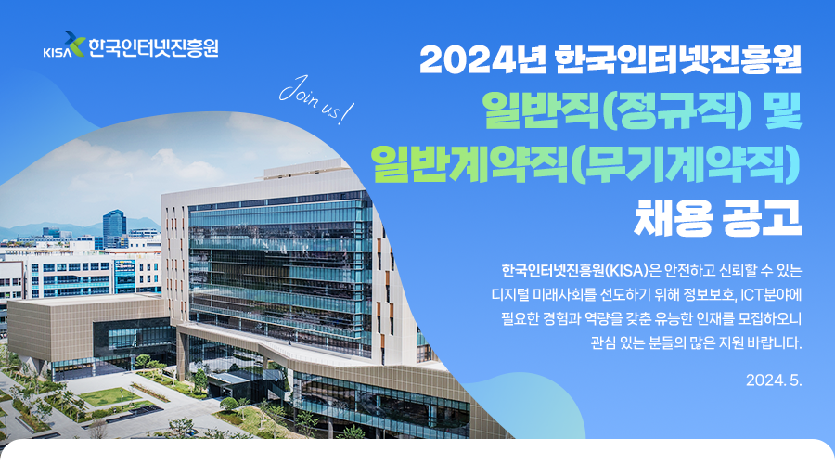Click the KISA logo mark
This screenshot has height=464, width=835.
tap(64, 45)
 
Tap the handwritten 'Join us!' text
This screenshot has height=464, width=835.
tap(316, 99)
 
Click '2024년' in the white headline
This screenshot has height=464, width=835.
tap(482, 59)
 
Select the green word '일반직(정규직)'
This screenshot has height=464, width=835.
tap(617, 110)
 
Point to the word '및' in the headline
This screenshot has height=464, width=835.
tap(783, 110)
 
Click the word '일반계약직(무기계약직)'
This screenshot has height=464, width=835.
tap(585, 163)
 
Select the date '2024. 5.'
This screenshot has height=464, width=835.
tap(774, 380)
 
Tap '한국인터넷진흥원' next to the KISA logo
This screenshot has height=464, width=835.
tap(153, 47)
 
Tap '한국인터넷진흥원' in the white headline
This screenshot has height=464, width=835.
tap(678, 59)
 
